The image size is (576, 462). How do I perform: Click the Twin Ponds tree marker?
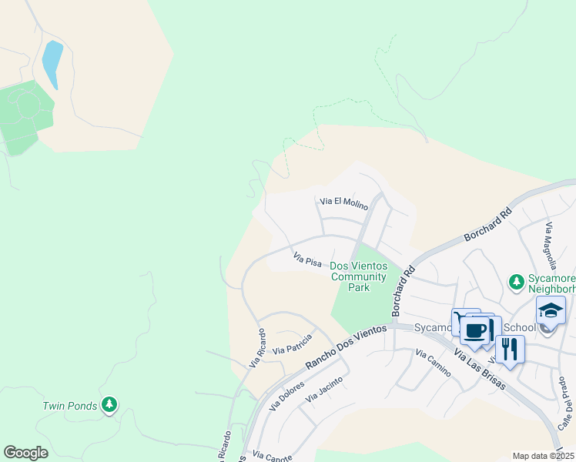(x=109, y=404)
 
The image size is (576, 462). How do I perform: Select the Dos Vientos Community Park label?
(x=358, y=276)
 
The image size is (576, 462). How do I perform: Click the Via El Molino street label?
(x=343, y=202)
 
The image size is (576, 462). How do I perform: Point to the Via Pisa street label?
(x=307, y=259)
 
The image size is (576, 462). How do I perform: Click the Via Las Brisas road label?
(x=479, y=370)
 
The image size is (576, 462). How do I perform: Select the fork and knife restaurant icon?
(x=510, y=348)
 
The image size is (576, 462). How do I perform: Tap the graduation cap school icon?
(x=551, y=310)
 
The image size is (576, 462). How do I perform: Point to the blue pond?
(x=52, y=64)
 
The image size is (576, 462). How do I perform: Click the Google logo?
(x=25, y=453)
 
